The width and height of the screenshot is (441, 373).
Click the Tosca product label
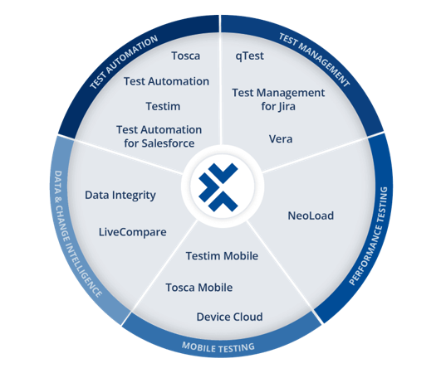[186, 56]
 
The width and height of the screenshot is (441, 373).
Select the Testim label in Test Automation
[163, 106]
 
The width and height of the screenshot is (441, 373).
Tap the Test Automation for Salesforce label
[159, 137]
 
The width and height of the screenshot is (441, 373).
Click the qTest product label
[250, 56]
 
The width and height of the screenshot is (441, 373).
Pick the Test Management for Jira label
[278, 99]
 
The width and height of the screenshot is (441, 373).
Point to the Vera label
[281, 139]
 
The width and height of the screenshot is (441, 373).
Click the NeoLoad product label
[311, 216]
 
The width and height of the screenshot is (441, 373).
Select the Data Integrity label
[120, 196]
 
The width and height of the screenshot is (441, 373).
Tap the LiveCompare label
[133, 232]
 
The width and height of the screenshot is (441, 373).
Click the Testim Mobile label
[222, 256]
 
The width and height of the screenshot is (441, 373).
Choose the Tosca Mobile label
[199, 288]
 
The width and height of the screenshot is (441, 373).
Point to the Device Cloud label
[229, 317]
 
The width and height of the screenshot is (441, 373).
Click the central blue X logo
[218, 187]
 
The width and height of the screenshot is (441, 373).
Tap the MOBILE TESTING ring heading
[218, 347]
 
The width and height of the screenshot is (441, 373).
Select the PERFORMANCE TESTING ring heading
[370, 235]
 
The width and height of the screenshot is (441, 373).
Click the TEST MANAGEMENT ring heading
[314, 60]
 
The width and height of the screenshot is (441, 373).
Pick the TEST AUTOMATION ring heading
[124, 62]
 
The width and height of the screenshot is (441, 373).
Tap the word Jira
[287, 107]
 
